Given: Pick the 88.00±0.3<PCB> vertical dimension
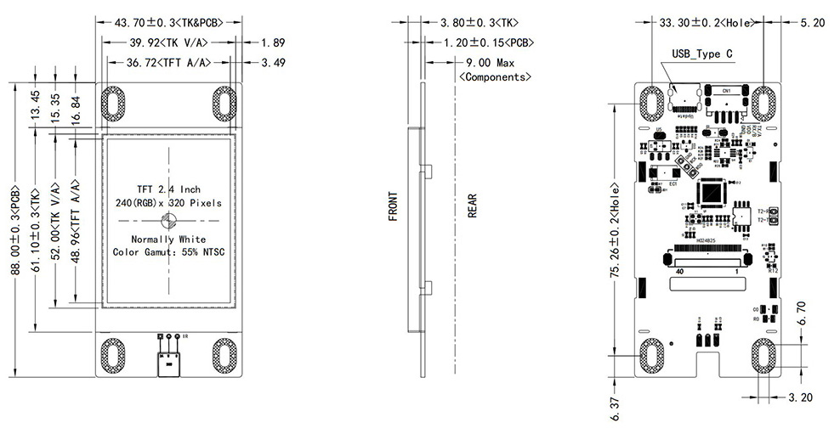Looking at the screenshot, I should coord(14,228).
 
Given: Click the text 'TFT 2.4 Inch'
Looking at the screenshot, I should coord(169,189).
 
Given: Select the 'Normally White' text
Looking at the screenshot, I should coord(168,239).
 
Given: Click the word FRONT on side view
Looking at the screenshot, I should coord(394,205).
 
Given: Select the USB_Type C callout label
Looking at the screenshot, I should coord(702,54).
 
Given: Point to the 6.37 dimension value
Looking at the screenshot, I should coord(615,406).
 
